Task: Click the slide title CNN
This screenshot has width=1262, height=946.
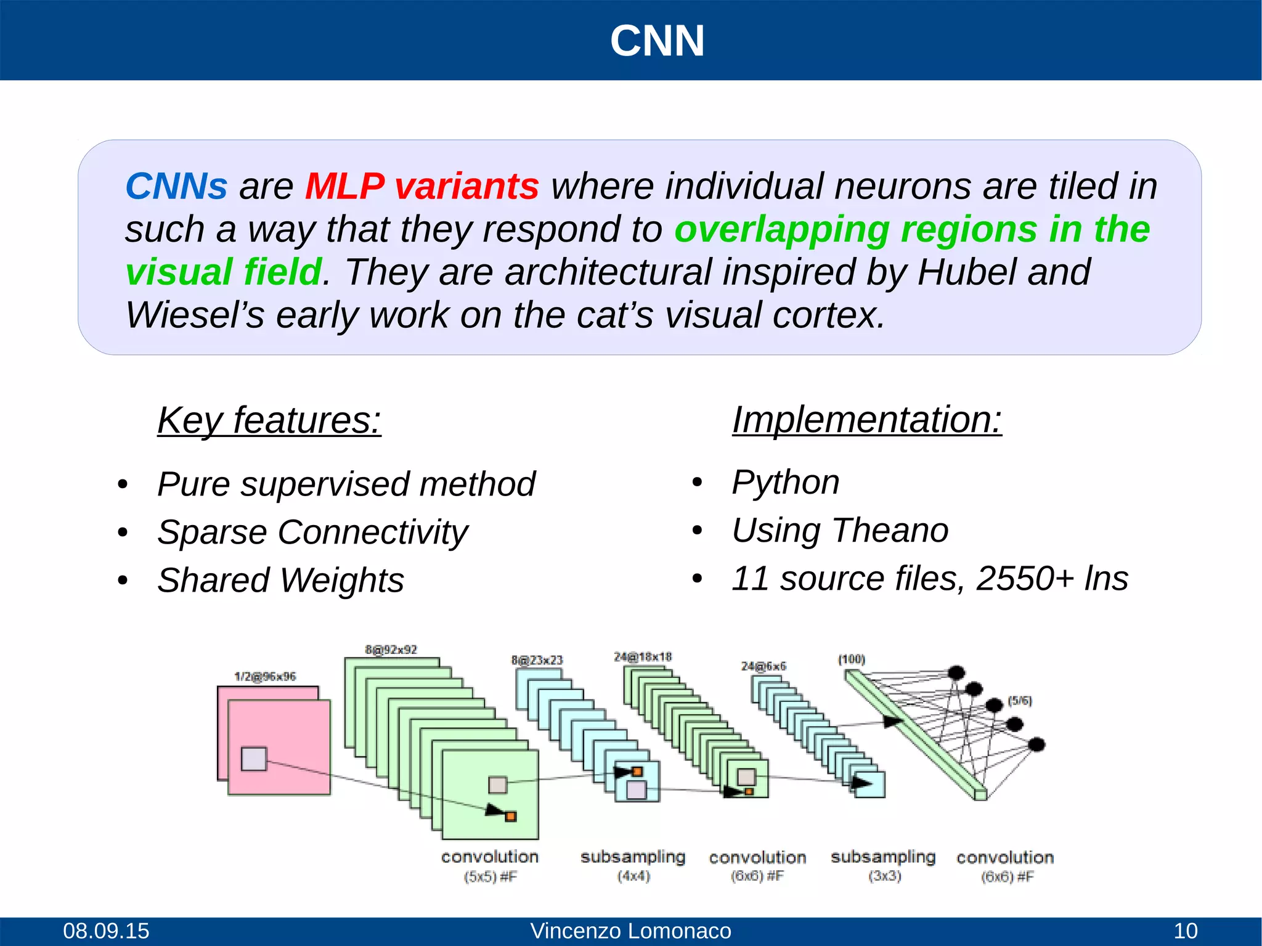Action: coord(657,41)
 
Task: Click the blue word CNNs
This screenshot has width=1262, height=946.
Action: coord(176,186)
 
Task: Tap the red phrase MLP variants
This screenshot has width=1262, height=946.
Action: coord(422,186)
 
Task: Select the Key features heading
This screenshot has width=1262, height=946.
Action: coord(269,421)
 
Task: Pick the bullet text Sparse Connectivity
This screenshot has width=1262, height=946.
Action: coord(312,532)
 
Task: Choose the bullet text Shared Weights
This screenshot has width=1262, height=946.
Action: coord(280,580)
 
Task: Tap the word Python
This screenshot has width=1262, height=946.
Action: coord(786,482)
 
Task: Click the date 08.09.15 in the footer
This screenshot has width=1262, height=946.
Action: coord(106,931)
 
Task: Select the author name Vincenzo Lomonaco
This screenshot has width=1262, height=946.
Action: coord(630,931)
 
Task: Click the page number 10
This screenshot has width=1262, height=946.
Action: coord(1185,931)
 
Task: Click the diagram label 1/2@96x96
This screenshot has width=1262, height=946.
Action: coord(265,677)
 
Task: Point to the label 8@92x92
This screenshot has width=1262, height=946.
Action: coord(391,650)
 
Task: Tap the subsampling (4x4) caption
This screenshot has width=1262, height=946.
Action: coord(633,865)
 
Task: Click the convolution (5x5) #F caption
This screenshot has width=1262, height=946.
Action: coord(490,865)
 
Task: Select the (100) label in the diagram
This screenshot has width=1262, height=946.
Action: coord(851,659)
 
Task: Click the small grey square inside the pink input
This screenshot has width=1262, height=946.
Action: coord(254,759)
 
